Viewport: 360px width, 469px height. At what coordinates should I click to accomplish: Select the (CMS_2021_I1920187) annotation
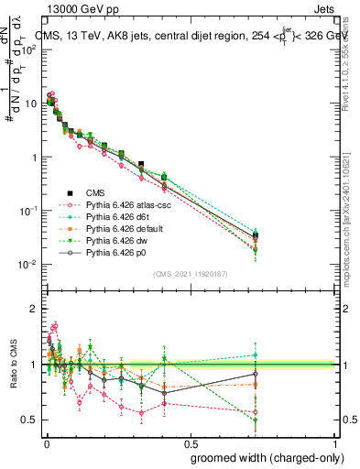click(x=190, y=272)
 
